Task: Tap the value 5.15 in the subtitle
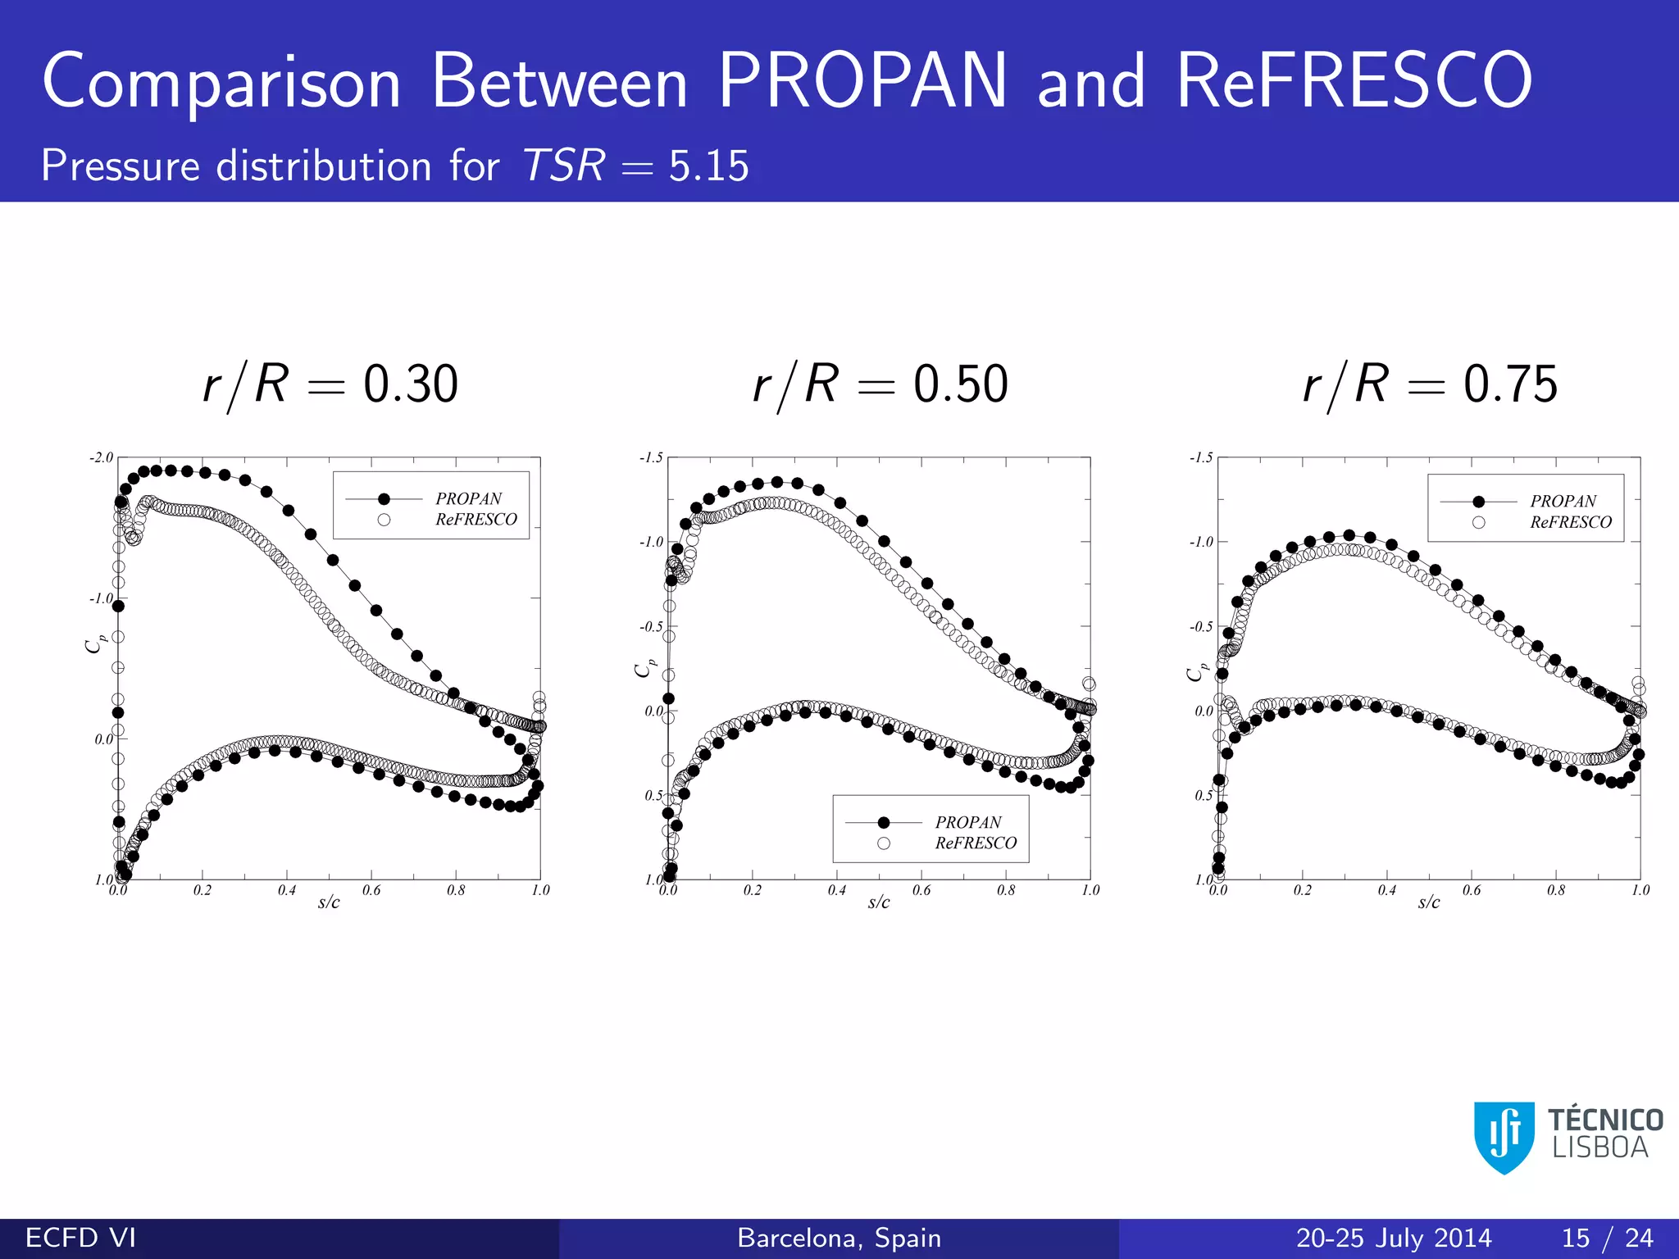[708, 166]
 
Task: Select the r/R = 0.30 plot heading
[330, 384]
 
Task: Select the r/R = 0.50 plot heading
[880, 384]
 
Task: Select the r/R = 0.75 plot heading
[1431, 384]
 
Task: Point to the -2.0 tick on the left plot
[102, 457]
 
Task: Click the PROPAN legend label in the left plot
[468, 498]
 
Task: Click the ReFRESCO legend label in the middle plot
[976, 843]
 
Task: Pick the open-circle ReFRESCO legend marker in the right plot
[1478, 522]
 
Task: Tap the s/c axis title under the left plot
[329, 902]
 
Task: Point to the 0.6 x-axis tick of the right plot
[1472, 890]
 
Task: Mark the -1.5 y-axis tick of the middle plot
[652, 457]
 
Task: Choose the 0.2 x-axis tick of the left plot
[202, 890]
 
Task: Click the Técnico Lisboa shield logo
[1504, 1137]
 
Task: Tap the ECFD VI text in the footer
[80, 1238]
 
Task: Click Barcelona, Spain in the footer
[839, 1238]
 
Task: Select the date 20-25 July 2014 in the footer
[1394, 1238]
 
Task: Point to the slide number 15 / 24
[1607, 1238]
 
